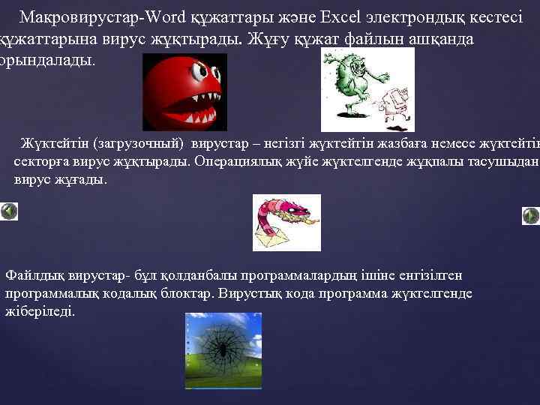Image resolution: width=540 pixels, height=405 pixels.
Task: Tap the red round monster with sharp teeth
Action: point(180,88)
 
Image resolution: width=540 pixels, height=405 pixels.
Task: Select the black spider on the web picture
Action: point(223,348)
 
